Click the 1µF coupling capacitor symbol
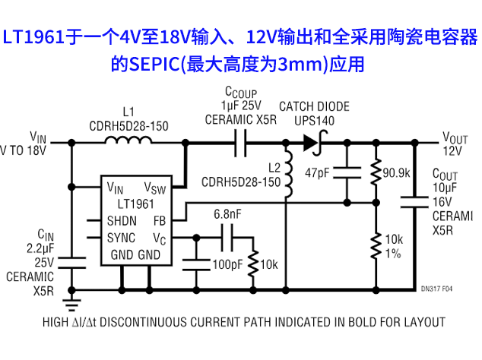240,142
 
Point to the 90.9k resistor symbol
375,174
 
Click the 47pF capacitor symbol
349,173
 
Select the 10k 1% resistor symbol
375,245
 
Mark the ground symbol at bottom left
71,306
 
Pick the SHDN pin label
121,220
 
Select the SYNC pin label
121,237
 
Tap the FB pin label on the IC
160,220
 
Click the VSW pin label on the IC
155,188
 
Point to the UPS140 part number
314,120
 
